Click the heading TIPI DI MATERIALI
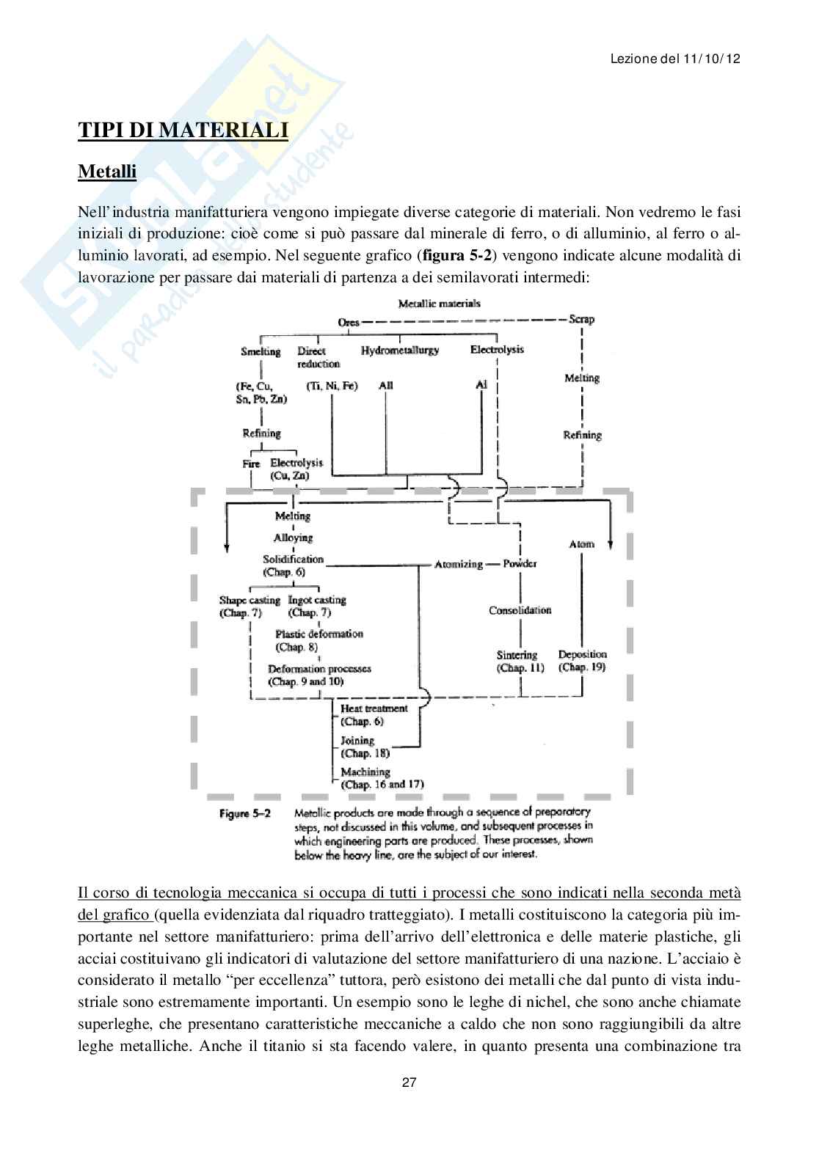point(183,131)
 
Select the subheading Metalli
point(107,172)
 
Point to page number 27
point(409,1082)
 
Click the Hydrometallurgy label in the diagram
point(399,351)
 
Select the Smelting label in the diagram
point(261,351)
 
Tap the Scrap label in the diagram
point(581,319)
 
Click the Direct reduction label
point(318,357)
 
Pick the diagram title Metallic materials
point(439,303)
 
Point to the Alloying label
point(294,538)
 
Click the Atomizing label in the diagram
point(459,564)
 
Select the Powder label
point(520,563)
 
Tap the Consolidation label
point(520,610)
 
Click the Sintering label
point(517,655)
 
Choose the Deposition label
point(582,654)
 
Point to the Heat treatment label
point(374,708)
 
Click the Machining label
point(365,772)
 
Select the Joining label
point(357,741)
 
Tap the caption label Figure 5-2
point(244,813)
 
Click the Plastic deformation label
point(319,634)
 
